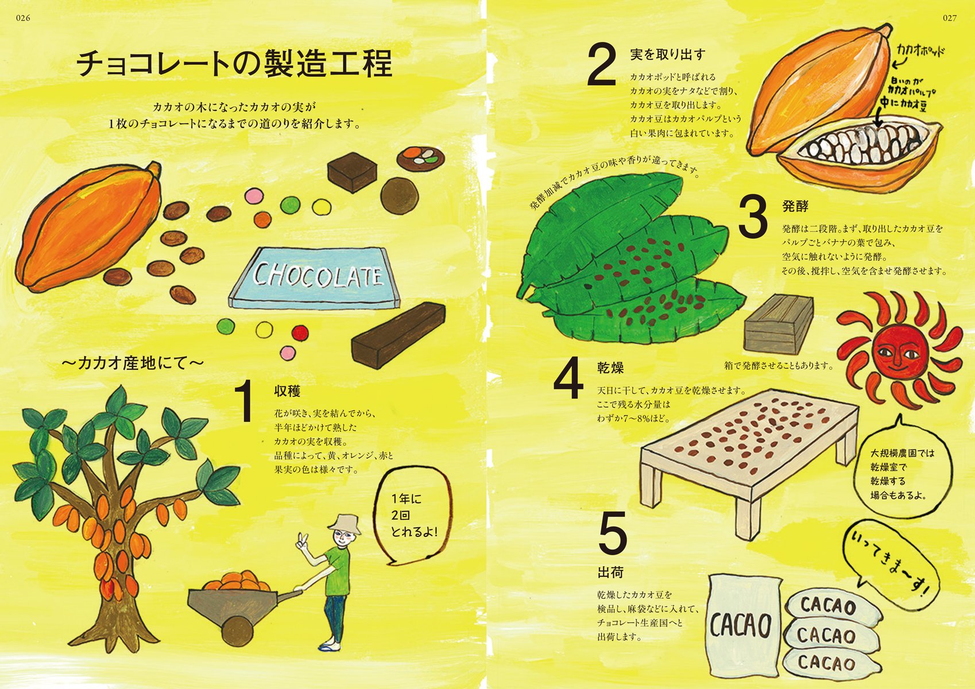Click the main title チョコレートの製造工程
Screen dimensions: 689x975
[x=234, y=63]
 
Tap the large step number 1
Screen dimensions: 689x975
[x=245, y=402]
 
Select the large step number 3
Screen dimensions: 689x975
[x=753, y=218]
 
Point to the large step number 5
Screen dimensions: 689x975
[x=613, y=533]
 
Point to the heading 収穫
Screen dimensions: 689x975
[x=287, y=392]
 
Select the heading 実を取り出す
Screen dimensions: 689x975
[x=668, y=55]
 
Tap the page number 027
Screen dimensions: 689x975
[x=950, y=18]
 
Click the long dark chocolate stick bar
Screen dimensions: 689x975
[x=398, y=335]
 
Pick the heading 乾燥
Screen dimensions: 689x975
[x=610, y=367]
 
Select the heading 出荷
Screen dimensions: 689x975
[x=610, y=572]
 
